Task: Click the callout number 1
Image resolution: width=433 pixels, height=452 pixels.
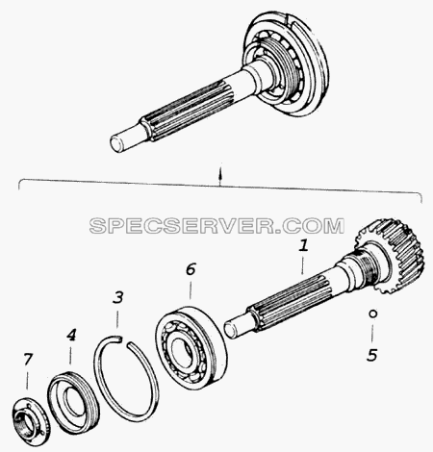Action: pos(303,246)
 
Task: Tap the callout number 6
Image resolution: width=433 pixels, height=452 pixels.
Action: pos(191,269)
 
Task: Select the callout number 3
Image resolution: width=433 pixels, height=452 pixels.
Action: pos(118,297)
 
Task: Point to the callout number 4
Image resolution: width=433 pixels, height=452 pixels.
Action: pos(71,335)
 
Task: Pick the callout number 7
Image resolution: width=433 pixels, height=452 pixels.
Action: pos(28,359)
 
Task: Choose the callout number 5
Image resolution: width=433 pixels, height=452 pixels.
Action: pos(372,355)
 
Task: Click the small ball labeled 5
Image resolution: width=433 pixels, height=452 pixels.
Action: pos(372,314)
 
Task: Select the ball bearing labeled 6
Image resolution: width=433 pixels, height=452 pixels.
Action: pos(191,348)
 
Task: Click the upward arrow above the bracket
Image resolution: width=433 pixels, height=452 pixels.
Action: pos(219,176)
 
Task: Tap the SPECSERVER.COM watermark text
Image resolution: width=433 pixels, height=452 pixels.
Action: pos(216,225)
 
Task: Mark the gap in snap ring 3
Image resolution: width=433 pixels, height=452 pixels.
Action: pos(124,340)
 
